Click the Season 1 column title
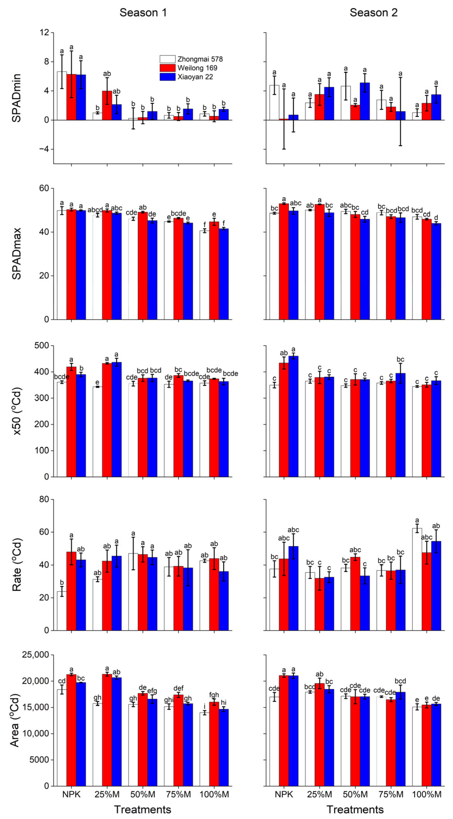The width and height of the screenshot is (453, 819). (x=143, y=13)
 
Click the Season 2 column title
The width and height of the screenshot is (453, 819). (x=374, y=13)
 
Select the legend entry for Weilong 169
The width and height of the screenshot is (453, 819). (x=197, y=68)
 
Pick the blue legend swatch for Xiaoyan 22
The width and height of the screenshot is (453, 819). (x=167, y=77)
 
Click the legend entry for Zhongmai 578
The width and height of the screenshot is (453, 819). (x=200, y=59)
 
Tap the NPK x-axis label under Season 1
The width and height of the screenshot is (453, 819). (x=71, y=795)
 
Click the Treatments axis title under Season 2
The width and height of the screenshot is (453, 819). (x=355, y=809)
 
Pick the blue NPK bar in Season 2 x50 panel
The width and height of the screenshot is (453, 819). (x=293, y=416)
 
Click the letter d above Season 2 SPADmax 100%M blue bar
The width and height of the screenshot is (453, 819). (x=436, y=217)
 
